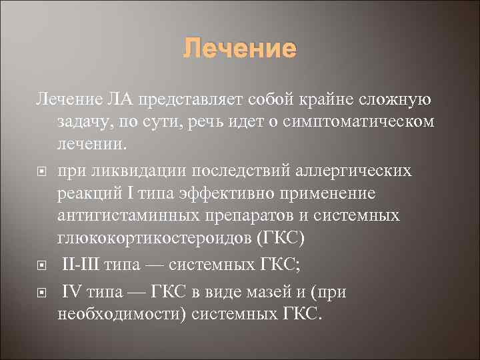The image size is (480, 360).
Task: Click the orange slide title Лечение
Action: tap(239, 49)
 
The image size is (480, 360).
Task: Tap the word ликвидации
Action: tap(133, 171)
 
